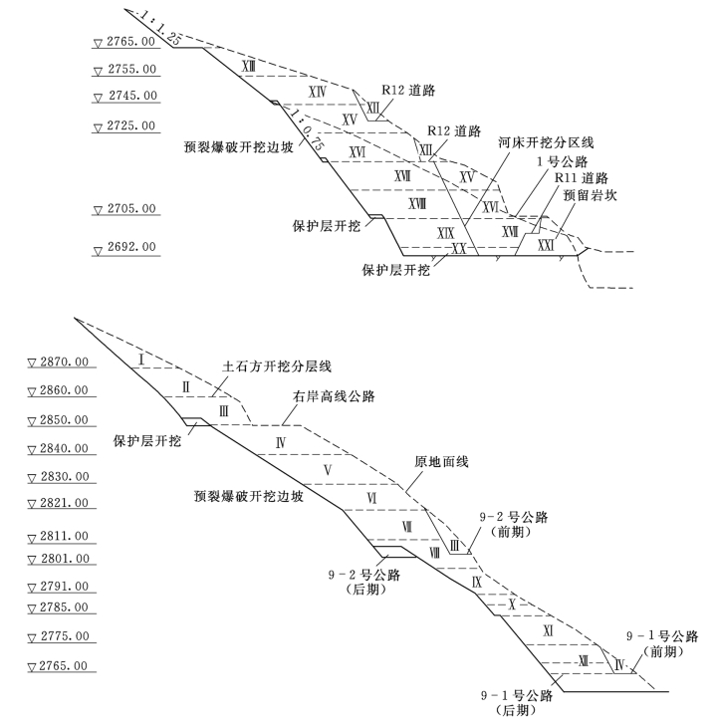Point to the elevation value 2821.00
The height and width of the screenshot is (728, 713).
pyautogui.click(x=62, y=503)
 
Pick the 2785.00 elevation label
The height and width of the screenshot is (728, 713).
pyautogui.click(x=62, y=607)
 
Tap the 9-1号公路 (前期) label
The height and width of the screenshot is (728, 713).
pyautogui.click(x=661, y=643)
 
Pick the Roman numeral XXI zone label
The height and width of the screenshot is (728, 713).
pyautogui.click(x=546, y=244)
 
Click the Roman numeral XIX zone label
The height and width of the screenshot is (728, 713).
pyautogui.click(x=446, y=232)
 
